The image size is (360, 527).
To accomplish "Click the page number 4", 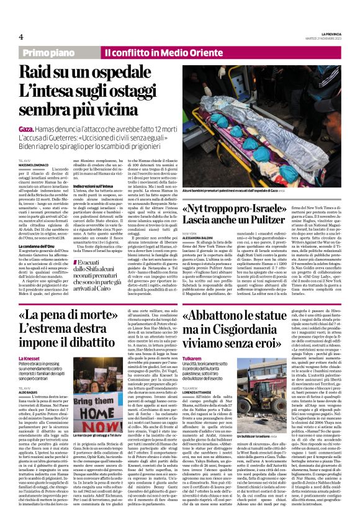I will pyautogui.click(x=20, y=37).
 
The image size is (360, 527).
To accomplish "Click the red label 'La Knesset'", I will pyautogui.click(x=30, y=359).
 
